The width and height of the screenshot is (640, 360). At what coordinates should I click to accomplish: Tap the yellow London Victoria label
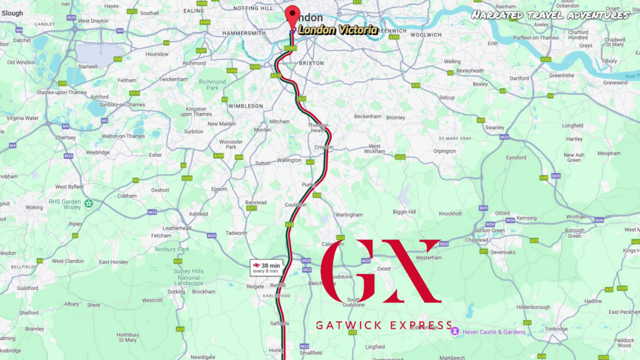pyautogui.click(x=337, y=29)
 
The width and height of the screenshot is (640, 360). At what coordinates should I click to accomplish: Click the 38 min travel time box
pyautogui.click(x=267, y=267)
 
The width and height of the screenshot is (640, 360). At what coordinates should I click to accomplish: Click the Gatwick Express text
pyautogui.click(x=384, y=325)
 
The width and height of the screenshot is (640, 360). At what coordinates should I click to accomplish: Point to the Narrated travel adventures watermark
pyautogui.click(x=550, y=14)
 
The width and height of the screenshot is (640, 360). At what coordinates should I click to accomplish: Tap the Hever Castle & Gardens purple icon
pyautogui.click(x=455, y=331)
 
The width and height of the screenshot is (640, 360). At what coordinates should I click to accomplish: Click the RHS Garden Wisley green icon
pyautogui.click(x=89, y=202)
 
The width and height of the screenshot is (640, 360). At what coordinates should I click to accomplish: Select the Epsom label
pyautogui.click(x=219, y=189)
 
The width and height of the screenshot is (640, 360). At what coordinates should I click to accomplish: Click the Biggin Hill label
pyautogui.click(x=403, y=212)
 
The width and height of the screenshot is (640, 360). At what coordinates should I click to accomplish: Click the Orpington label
pyautogui.click(x=444, y=151)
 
